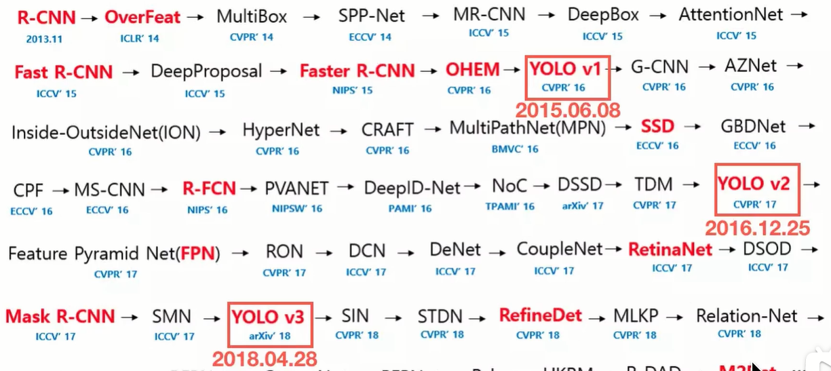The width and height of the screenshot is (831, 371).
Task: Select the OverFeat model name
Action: [142, 16]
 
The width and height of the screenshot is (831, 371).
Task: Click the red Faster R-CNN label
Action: [357, 71]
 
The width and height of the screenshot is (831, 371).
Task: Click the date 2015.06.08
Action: [568, 109]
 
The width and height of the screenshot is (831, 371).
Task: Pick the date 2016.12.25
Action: [758, 228]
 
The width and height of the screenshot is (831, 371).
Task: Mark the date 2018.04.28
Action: [264, 359]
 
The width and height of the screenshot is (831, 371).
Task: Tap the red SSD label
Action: [657, 127]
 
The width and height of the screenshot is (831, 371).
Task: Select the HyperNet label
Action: [281, 130]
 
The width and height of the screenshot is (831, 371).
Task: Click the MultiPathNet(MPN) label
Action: [527, 128]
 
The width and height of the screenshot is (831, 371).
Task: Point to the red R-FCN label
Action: [208, 189]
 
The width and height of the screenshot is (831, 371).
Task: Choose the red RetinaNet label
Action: [670, 250]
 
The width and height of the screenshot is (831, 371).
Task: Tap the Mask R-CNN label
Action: [60, 316]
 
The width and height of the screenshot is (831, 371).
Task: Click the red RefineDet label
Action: [541, 315]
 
